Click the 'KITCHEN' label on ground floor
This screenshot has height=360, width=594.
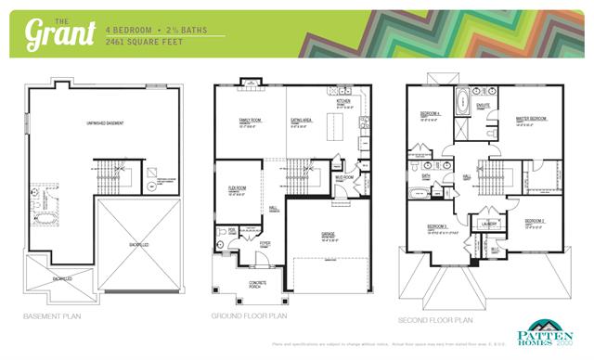(342, 102)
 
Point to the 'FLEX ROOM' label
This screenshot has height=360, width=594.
(237, 188)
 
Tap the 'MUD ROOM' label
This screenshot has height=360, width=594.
(345, 176)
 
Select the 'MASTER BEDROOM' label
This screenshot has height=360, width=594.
(531, 120)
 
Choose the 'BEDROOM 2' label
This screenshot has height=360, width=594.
(534, 221)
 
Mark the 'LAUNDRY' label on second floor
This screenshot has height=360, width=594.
(489, 224)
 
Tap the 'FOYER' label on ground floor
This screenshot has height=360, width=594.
(265, 243)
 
